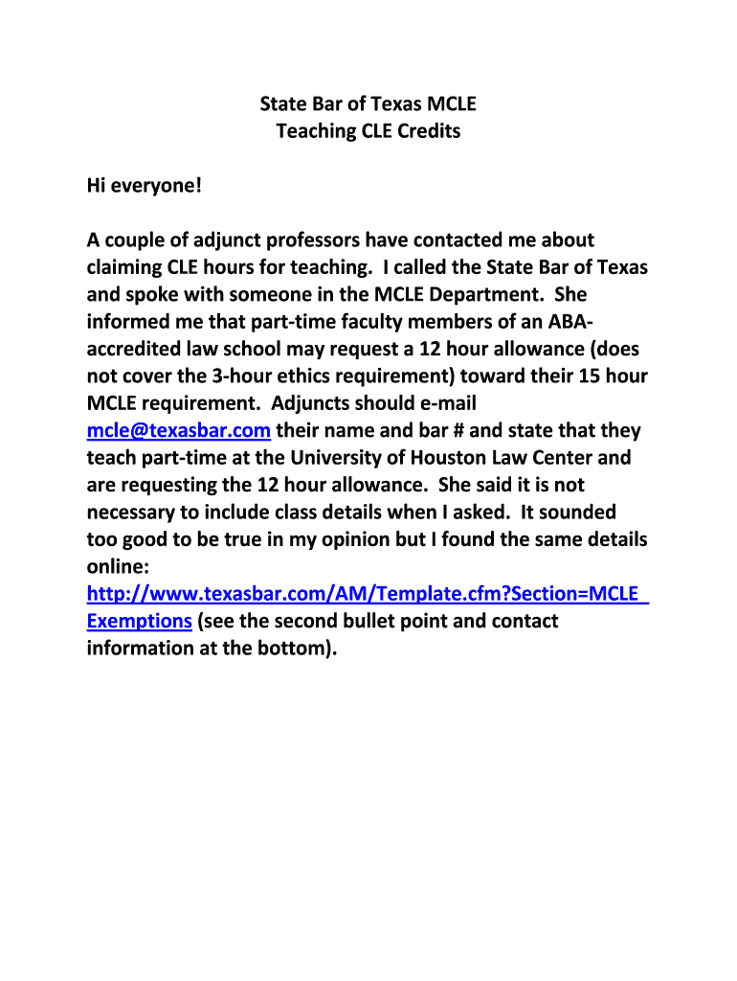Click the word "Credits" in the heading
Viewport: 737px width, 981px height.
pyautogui.click(x=426, y=131)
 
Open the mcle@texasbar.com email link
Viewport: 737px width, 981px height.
pyautogui.click(x=179, y=431)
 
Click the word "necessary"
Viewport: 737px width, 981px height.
pyautogui.click(x=130, y=513)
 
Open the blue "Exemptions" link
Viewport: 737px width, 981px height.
pyautogui.click(x=140, y=621)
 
